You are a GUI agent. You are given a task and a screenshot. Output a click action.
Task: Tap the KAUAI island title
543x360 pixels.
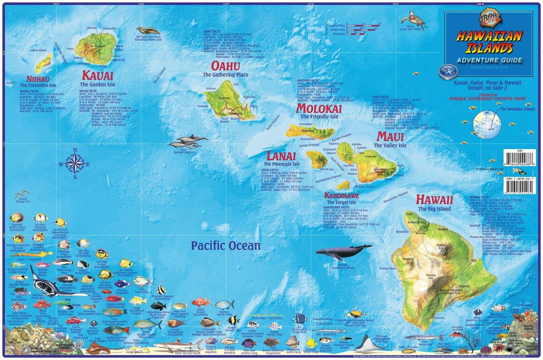[98, 76]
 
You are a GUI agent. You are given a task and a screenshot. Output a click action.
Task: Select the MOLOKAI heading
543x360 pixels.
[319, 109]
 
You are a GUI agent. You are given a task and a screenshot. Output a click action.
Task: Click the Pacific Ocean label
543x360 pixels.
[225, 246]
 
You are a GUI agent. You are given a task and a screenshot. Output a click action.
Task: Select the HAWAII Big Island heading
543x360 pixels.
[434, 199]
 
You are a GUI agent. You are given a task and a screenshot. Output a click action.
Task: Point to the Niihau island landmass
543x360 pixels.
[44, 64]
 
